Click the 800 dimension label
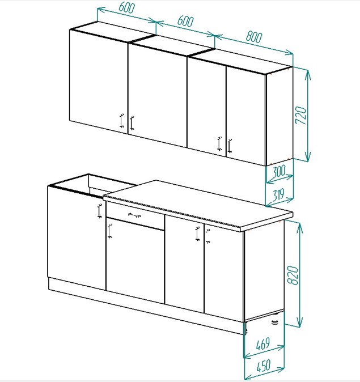click(254, 36)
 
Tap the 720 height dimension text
click(300, 115)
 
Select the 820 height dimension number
click(293, 275)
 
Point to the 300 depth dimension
click(279, 171)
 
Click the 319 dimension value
click(278, 194)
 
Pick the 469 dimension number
click(262, 343)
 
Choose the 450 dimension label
click(263, 366)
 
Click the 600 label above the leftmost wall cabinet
click(126, 7)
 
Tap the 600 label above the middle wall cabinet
click(185, 21)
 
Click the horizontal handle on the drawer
click(134, 215)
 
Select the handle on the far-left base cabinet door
click(99, 210)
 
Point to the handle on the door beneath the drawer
click(109, 231)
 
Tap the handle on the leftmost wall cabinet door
click(122, 120)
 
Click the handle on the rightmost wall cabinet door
click(230, 146)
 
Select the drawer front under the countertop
click(135, 217)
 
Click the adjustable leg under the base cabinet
click(275, 322)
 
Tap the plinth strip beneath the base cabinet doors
click(147, 305)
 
